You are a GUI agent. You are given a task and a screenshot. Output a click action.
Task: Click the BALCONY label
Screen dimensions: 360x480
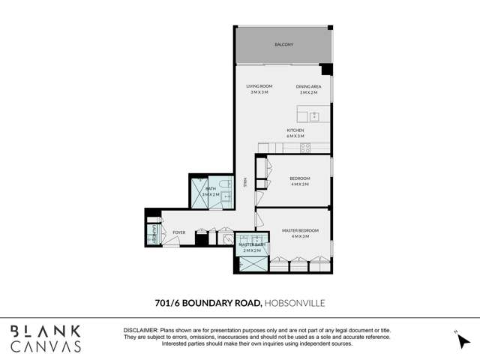pyautogui.click(x=283, y=45)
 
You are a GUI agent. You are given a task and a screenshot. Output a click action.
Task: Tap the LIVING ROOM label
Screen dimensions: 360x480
pyautogui.click(x=259, y=86)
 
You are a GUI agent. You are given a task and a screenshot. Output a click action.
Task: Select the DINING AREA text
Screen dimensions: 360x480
pyautogui.click(x=309, y=86)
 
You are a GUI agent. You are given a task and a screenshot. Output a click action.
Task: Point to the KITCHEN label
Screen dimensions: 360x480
pyautogui.click(x=295, y=130)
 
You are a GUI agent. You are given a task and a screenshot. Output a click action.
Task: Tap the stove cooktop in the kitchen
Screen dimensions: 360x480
pyautogui.click(x=306, y=148)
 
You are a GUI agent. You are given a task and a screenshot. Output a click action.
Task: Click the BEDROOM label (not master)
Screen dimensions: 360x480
pyautogui.click(x=300, y=178)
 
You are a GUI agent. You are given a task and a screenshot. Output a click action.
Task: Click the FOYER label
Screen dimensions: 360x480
pyautogui.click(x=178, y=232)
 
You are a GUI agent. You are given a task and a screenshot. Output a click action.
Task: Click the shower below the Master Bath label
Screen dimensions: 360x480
pyautogui.click(x=247, y=265)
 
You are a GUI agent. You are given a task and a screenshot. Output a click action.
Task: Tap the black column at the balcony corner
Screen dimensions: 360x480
pyautogui.click(x=326, y=70)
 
